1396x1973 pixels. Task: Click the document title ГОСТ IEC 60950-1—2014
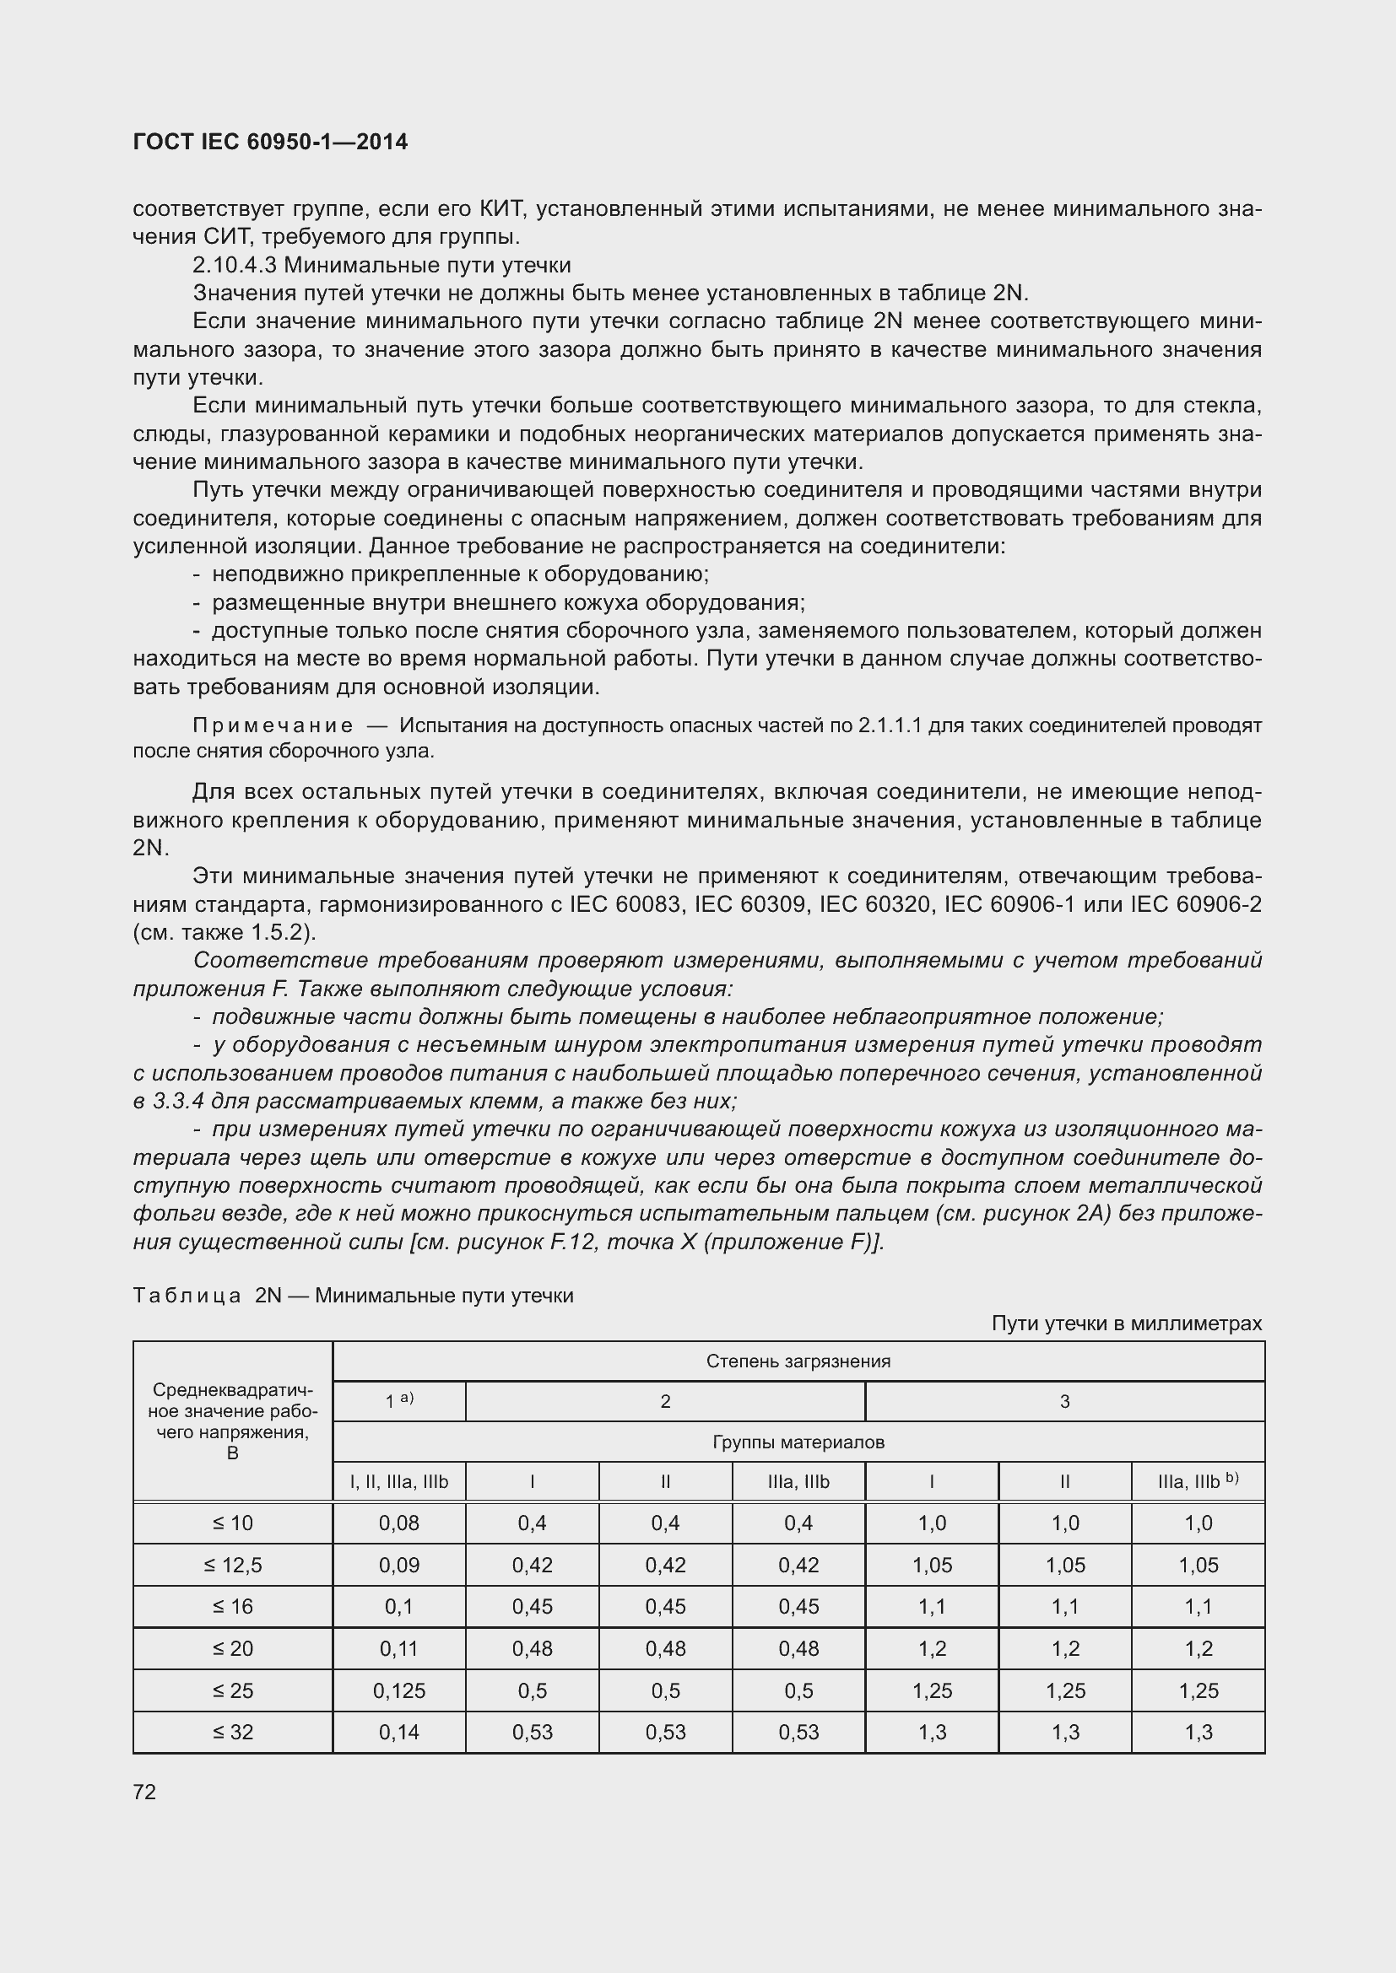270,142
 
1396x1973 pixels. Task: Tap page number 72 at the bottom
144,1792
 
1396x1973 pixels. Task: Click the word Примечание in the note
273,725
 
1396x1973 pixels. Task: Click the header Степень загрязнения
798,1361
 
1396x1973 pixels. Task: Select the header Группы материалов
798,1442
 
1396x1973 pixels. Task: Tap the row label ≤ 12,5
232,1565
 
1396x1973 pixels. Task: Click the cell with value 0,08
399,1523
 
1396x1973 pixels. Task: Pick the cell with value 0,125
399,1690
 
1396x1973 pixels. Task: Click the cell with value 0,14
399,1732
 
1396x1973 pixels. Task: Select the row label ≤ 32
232,1732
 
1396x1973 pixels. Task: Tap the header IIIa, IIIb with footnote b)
1198,1481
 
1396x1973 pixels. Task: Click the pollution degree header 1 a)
399,1402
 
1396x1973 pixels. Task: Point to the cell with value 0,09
399,1565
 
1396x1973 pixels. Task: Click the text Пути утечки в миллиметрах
1126,1323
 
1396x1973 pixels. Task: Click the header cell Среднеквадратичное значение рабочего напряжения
232,1421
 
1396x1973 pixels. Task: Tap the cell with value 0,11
399,1648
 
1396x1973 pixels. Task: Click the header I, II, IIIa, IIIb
399,1481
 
